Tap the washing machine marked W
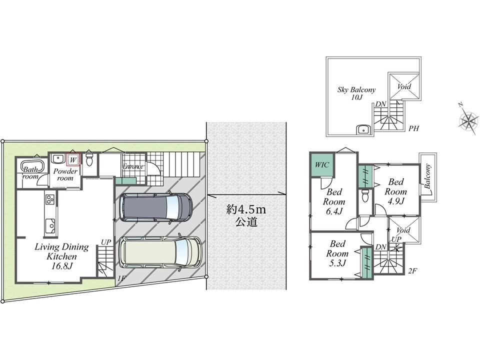point(73,159)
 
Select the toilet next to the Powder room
point(89,159)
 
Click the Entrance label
point(133,166)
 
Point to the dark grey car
point(155,207)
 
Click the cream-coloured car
point(160,251)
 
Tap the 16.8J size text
point(61,265)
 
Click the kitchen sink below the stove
point(50,224)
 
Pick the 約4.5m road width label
point(246,210)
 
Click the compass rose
point(468,120)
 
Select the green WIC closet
point(320,164)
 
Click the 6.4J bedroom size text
point(334,211)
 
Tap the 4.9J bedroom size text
point(396,201)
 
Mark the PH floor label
point(413,128)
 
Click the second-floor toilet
point(364,194)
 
